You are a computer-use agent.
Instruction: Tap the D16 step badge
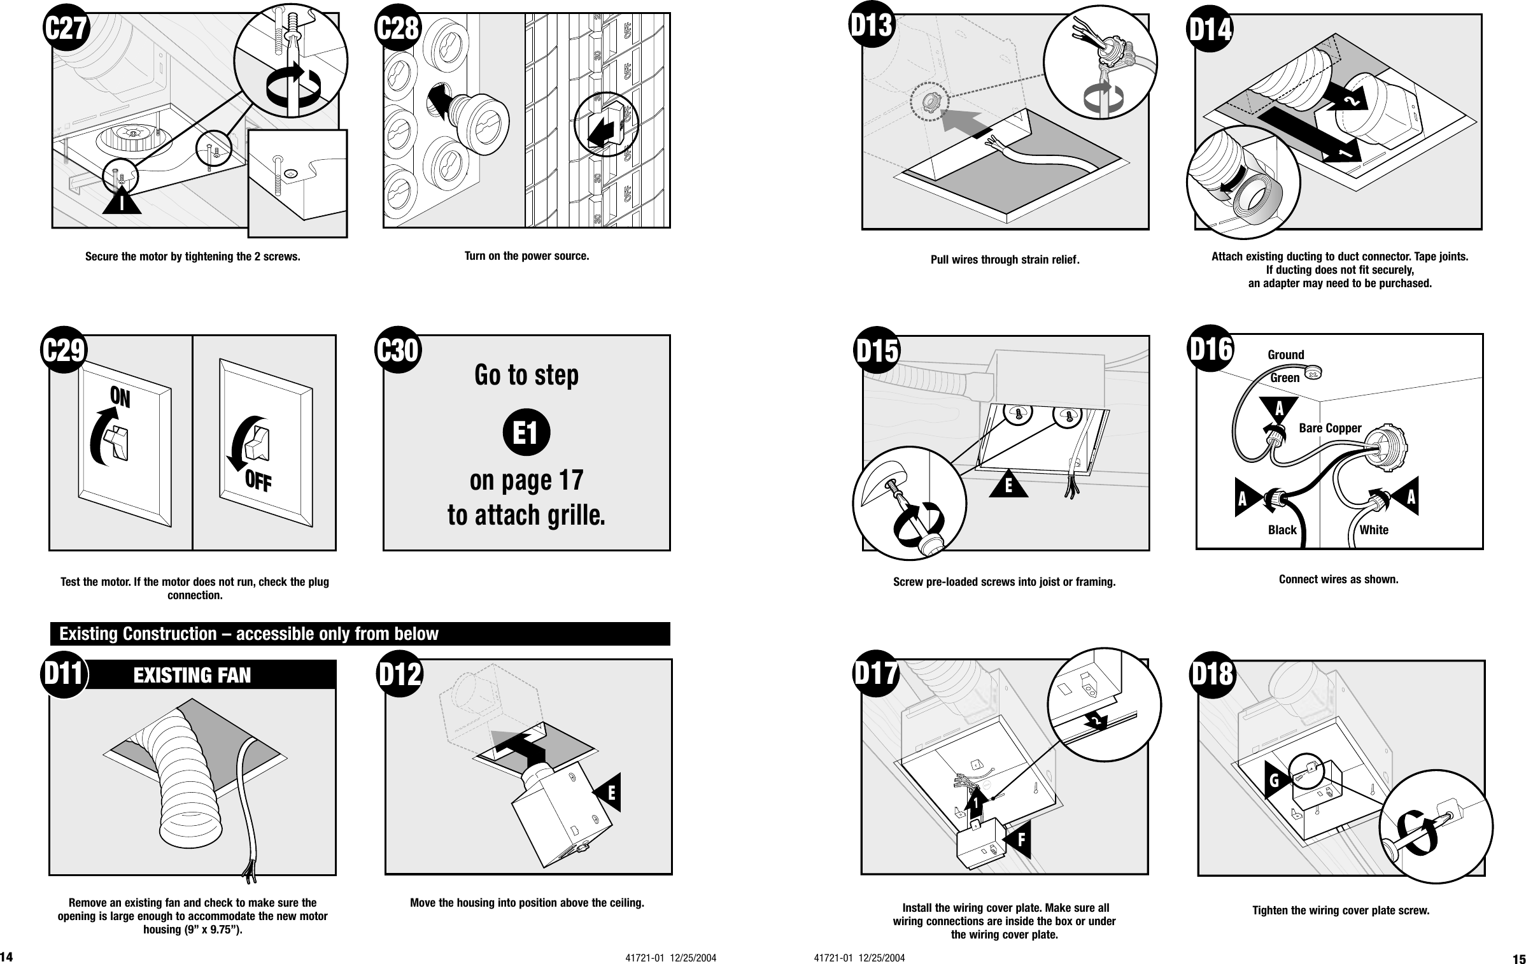pos(1212,349)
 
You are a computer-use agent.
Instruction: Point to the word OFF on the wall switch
pos(259,483)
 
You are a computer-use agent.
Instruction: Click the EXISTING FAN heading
pos(192,675)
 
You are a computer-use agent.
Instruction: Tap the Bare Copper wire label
pos(1329,429)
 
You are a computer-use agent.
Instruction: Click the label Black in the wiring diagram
pos(1282,530)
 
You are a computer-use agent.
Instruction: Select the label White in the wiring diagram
pos(1374,530)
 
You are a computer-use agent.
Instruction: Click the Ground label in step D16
pos(1285,355)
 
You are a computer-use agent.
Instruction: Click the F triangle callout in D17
pos(1019,840)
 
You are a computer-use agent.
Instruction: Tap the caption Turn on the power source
pos(526,256)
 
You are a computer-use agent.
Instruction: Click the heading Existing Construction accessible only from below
pos(248,634)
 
